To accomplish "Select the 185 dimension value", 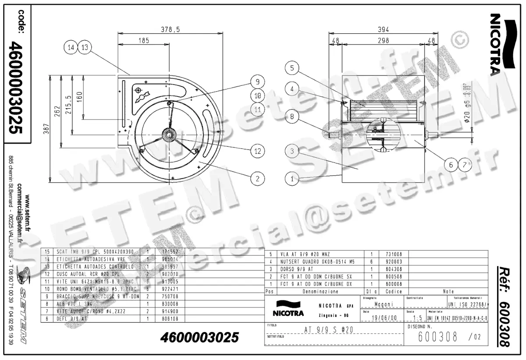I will click(143, 40).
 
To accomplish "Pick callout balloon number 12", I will click(258, 151).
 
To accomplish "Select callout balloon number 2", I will click(258, 178).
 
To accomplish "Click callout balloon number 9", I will click(258, 81).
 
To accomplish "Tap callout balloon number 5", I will click(292, 68).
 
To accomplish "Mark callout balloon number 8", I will click(292, 117).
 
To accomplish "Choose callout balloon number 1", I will click(292, 178).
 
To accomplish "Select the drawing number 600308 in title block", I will click(438, 337).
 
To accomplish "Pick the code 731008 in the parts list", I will click(394, 254).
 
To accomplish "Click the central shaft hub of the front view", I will click(168, 135).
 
